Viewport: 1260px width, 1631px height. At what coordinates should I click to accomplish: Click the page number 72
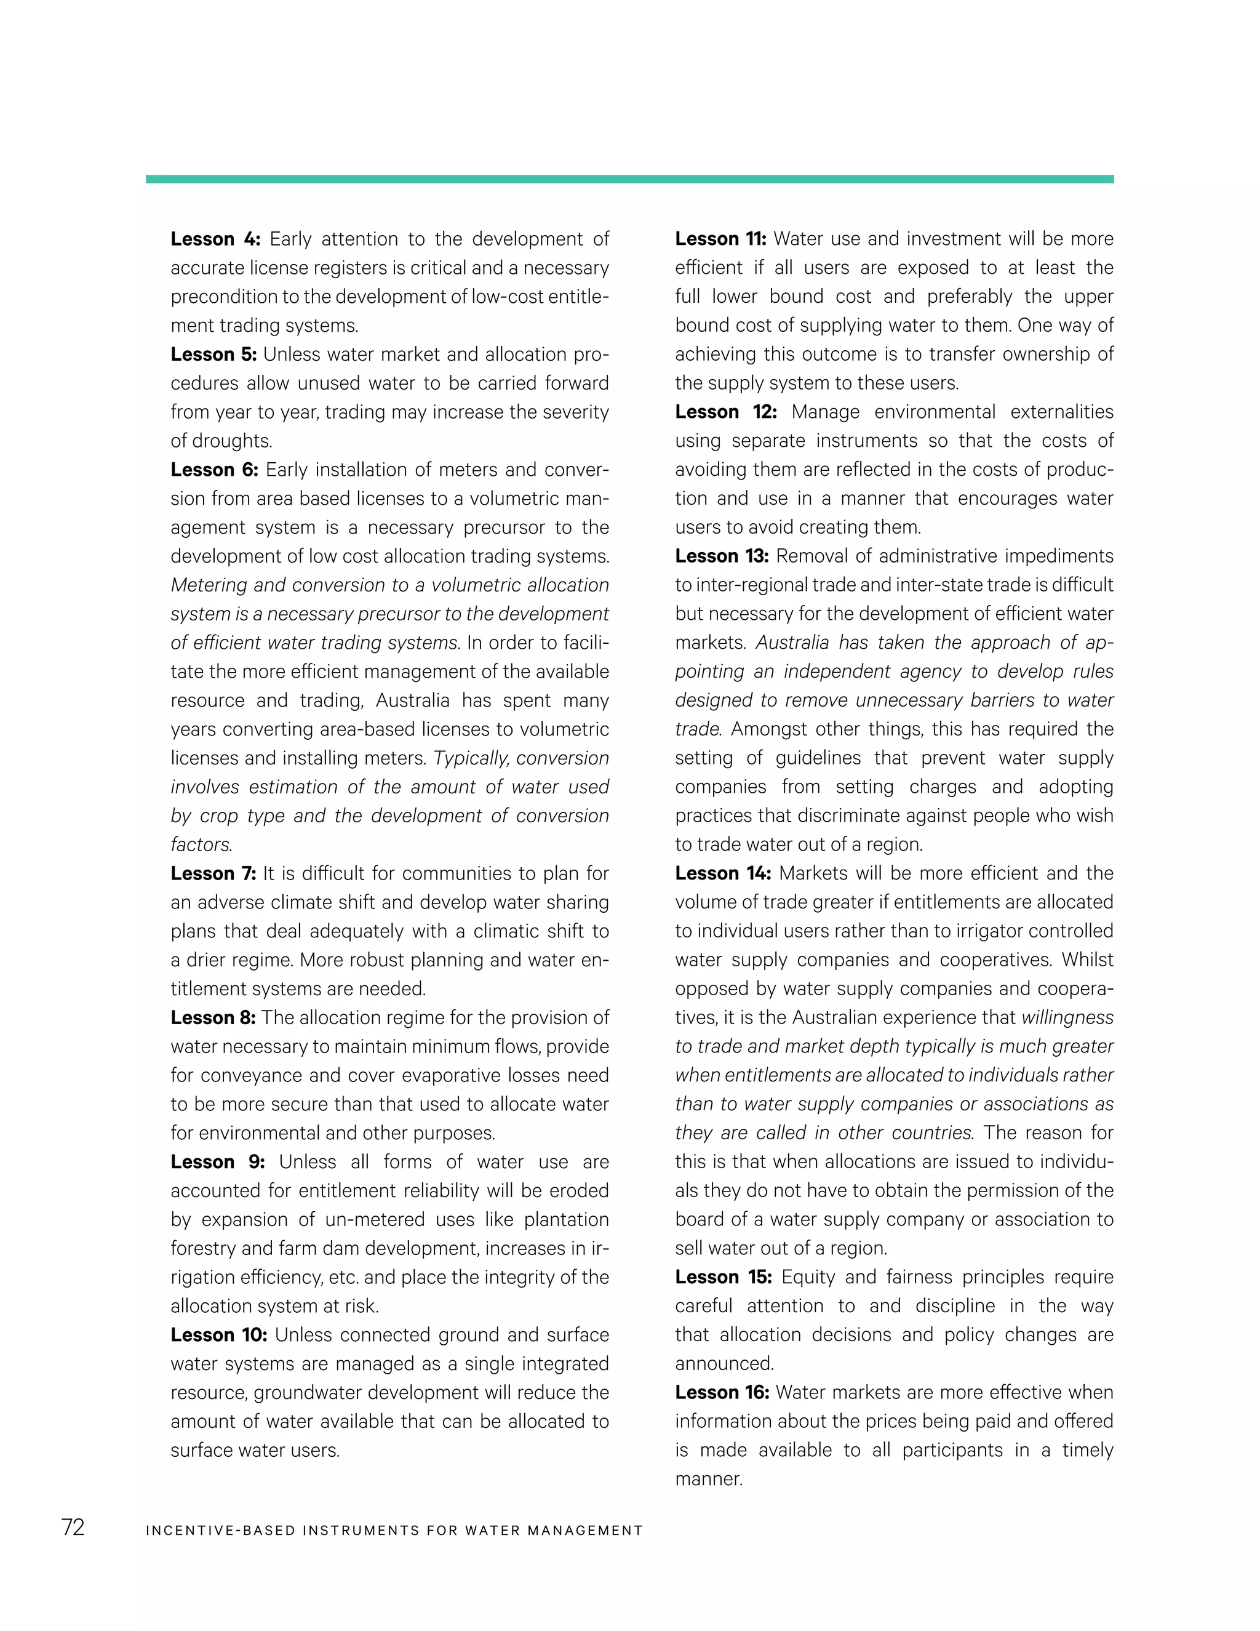coord(73,1527)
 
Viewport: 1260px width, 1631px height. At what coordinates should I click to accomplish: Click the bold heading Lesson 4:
coord(215,239)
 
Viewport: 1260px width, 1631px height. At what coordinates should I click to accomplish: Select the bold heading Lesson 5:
coord(213,354)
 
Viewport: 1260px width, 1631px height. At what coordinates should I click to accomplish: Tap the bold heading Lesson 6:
coord(214,470)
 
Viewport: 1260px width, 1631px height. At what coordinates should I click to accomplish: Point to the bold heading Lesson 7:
coord(213,873)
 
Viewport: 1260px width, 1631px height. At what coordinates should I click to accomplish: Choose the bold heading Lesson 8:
coord(213,1017)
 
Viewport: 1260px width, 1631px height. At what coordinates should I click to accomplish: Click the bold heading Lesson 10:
coord(218,1334)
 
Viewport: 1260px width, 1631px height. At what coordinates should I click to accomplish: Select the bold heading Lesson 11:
coord(720,239)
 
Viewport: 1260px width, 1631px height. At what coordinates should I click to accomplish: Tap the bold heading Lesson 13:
coord(722,556)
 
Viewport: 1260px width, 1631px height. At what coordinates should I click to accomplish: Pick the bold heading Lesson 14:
coord(722,873)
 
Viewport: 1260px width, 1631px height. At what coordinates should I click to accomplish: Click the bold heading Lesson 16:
coord(722,1392)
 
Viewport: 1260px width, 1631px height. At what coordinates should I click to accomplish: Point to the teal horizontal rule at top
coord(629,179)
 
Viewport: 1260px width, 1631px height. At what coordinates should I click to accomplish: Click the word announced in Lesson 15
coord(724,1364)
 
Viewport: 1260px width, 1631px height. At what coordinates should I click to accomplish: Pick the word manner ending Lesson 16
coord(708,1478)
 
